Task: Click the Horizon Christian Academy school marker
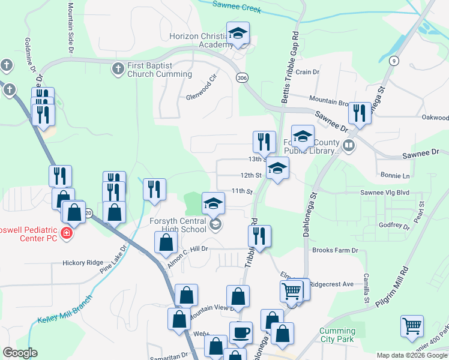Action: pyautogui.click(x=238, y=34)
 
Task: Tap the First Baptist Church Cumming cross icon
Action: pyautogui.click(x=118, y=70)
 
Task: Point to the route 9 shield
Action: pyautogui.click(x=394, y=61)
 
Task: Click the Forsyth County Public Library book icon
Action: pyautogui.click(x=348, y=145)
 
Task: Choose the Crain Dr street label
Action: pyautogui.click(x=307, y=72)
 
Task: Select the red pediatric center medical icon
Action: pyautogui.click(x=67, y=233)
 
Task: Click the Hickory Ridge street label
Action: pyautogui.click(x=83, y=263)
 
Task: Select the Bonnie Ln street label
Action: pyautogui.click(x=394, y=176)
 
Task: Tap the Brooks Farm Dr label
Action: pyautogui.click(x=335, y=250)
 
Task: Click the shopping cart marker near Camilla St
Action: pyautogui.click(x=412, y=327)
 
